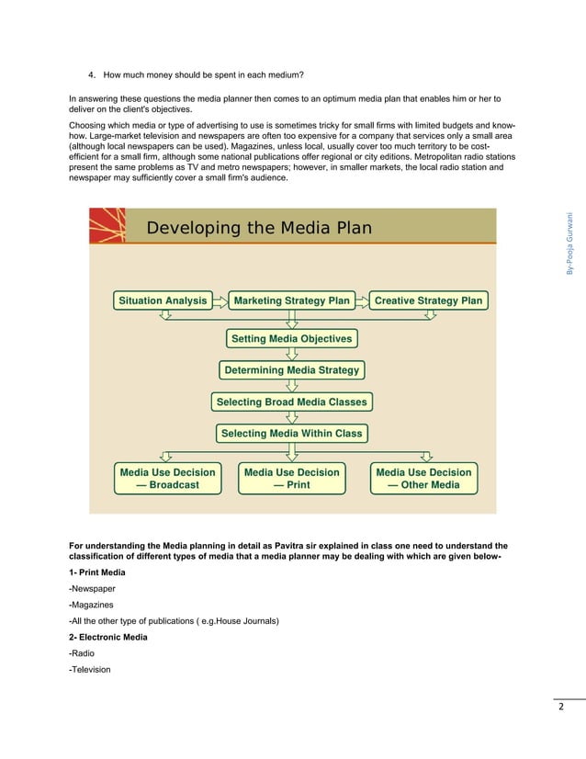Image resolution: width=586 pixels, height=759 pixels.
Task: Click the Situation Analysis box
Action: (x=162, y=300)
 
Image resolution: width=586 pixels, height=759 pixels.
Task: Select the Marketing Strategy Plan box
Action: (x=291, y=300)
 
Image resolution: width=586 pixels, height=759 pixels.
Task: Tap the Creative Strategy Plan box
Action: (x=428, y=300)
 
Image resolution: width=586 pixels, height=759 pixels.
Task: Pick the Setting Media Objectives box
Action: (x=291, y=339)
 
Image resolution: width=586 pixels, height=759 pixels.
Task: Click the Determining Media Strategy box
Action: (x=291, y=370)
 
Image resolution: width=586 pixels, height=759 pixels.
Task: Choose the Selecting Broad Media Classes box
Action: (x=291, y=402)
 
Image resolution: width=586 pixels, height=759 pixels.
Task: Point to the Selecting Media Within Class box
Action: (x=291, y=433)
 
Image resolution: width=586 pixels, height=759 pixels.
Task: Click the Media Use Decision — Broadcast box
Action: (x=167, y=479)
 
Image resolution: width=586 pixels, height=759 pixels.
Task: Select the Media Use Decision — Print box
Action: (x=291, y=479)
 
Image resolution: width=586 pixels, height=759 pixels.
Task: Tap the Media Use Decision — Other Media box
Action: (x=423, y=479)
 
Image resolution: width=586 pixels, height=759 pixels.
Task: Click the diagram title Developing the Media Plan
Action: (x=259, y=228)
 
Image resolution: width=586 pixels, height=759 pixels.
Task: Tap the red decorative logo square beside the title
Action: (x=107, y=226)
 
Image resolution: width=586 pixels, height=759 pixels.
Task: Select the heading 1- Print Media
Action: (x=97, y=572)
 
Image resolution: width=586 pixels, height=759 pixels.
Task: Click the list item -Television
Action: (x=89, y=669)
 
